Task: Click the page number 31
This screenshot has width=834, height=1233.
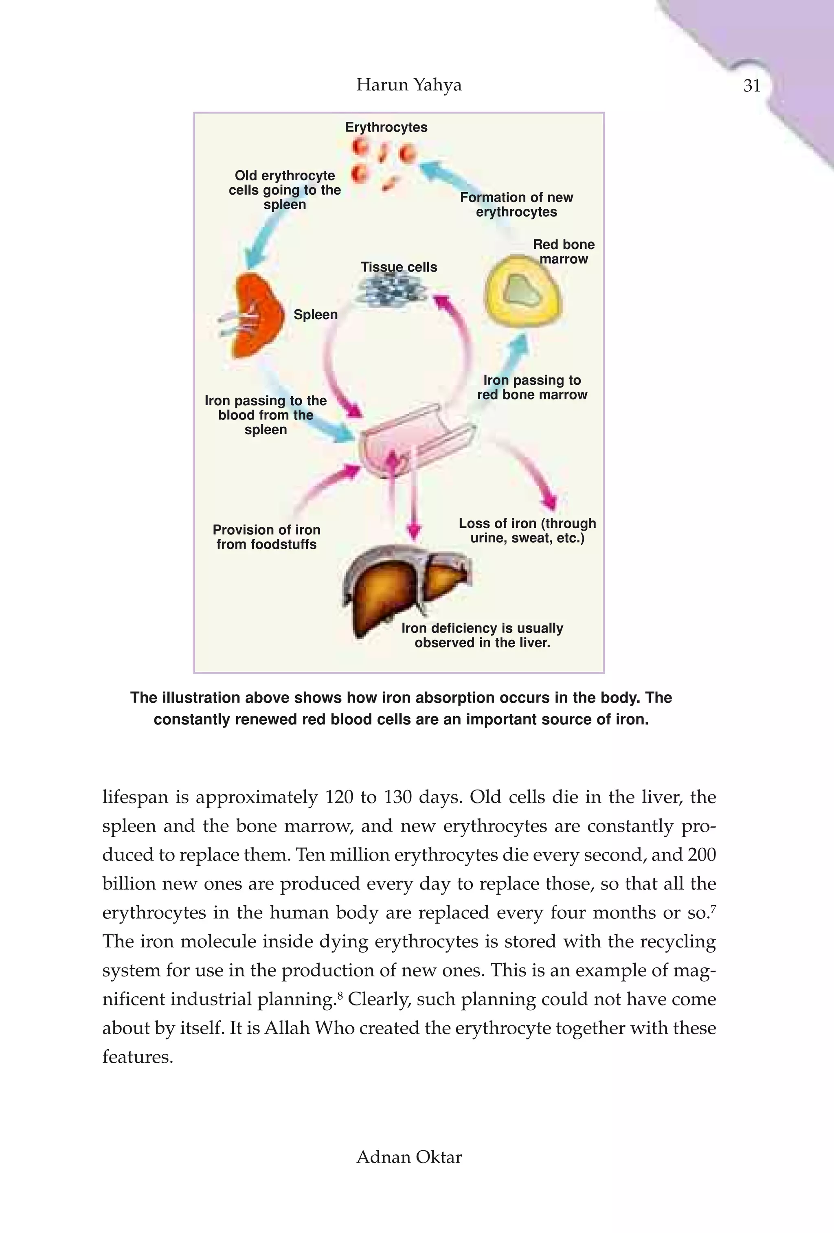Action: (752, 86)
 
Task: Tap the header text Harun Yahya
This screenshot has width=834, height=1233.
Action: (408, 85)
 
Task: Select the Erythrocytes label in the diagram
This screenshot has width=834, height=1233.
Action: (386, 127)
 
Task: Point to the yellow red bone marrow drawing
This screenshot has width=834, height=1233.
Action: (522, 291)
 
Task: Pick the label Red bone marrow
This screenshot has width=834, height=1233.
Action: (564, 252)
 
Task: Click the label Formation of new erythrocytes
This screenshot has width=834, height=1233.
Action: (516, 205)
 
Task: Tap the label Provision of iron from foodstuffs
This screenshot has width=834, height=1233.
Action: (266, 537)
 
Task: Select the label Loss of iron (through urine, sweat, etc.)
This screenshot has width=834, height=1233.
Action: (527, 531)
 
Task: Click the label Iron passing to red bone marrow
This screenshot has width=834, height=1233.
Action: (532, 387)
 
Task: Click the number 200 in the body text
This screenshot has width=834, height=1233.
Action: (701, 855)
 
